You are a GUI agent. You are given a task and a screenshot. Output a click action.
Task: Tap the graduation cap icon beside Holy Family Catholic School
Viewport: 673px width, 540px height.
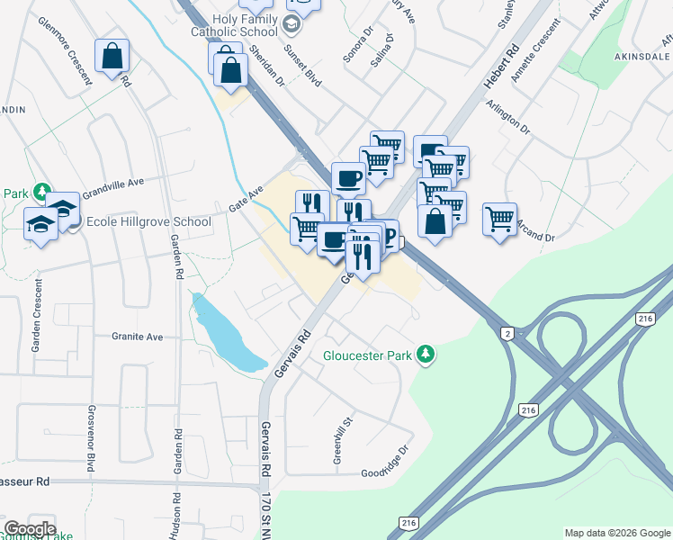(x=292, y=24)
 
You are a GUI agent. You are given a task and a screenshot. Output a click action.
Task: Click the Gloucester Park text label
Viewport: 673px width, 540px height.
(x=369, y=355)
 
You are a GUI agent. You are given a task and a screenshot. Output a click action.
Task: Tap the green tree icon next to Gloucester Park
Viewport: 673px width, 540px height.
(x=429, y=355)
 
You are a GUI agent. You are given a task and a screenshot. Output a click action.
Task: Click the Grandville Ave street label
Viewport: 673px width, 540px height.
(x=113, y=187)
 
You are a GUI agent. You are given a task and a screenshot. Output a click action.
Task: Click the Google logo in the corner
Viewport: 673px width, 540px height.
(x=30, y=529)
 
